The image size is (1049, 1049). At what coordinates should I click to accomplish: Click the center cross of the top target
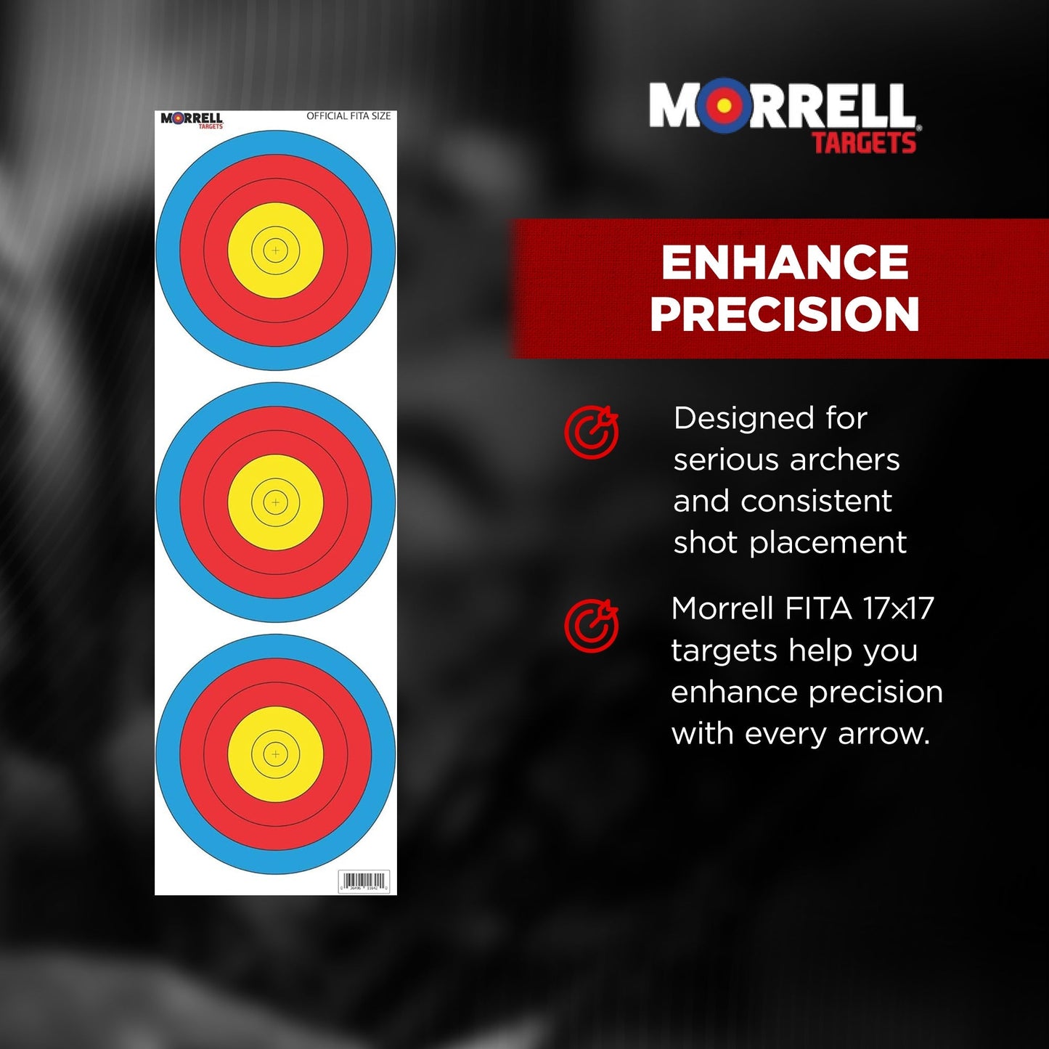pos(275,250)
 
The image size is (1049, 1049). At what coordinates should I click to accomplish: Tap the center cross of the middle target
pos(275,502)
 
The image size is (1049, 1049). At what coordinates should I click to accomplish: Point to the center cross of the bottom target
pos(275,754)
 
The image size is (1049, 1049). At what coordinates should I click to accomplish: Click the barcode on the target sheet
pos(364,881)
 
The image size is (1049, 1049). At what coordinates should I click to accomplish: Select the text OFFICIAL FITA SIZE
pos(348,116)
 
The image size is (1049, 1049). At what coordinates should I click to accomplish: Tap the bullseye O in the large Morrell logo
pos(724,106)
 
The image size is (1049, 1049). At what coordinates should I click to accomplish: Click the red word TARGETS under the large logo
pos(864,143)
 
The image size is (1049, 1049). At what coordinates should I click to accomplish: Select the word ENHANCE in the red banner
pos(785,262)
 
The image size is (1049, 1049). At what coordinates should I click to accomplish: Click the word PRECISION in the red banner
pos(785,314)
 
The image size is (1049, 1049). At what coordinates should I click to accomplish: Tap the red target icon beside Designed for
pos(592,432)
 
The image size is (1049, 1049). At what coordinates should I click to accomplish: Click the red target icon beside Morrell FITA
pos(592,626)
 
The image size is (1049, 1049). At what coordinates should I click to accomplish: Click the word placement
pos(828,543)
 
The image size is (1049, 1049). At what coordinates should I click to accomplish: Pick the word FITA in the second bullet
pos(818,608)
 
